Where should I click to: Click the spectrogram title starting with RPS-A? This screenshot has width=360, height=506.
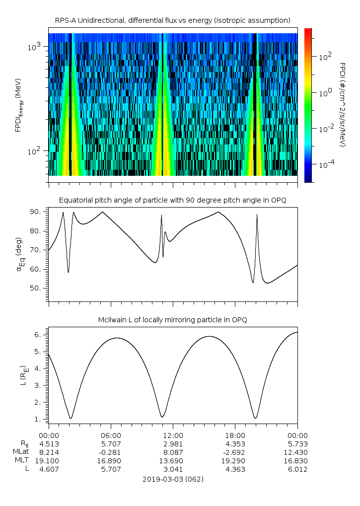click(x=172, y=20)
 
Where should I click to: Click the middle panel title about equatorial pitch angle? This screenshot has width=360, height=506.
click(x=172, y=200)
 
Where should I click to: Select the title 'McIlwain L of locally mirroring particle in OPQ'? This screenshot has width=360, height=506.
click(x=172, y=320)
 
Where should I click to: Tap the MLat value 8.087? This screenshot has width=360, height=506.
click(x=172, y=452)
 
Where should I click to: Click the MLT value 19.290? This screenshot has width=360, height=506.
click(x=235, y=461)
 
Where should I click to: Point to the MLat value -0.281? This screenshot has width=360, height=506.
click(x=110, y=452)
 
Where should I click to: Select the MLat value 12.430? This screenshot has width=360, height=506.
click(x=297, y=452)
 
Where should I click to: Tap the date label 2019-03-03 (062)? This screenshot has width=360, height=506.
click(x=172, y=479)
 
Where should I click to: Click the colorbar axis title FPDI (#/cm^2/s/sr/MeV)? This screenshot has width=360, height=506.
click(x=342, y=105)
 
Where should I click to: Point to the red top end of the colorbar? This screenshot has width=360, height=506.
click(x=308, y=31)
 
